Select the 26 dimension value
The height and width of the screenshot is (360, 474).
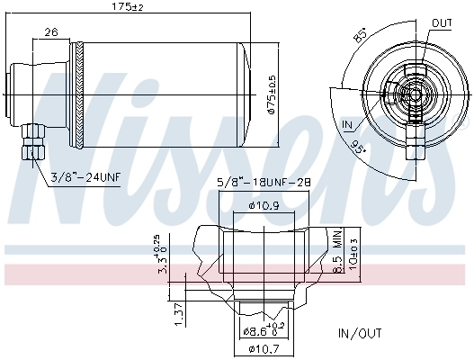point(51,32)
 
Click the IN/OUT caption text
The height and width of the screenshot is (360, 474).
point(361,333)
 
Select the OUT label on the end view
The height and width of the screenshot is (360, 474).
point(442,22)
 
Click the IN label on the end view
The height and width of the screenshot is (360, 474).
point(349,123)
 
